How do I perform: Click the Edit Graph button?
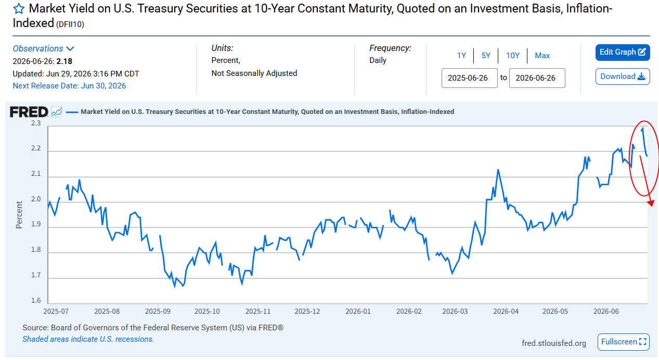623,53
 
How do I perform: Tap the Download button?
623,76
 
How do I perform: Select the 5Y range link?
486,56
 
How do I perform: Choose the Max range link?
542,56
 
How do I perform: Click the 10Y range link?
512,56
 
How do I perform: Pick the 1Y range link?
461,56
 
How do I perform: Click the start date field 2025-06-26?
470,78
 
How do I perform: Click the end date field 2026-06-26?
537,78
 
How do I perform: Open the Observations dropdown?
43,48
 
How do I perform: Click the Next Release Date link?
69,86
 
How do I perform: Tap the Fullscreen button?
624,342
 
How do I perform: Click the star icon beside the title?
19,9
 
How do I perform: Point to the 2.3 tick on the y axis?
36,123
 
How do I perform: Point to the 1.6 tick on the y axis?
36,301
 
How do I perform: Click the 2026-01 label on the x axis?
358,311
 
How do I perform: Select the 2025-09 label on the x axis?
158,311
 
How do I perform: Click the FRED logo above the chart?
29,112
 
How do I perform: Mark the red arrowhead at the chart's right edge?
651,203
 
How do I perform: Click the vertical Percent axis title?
19,215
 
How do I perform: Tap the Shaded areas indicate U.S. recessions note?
88,339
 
